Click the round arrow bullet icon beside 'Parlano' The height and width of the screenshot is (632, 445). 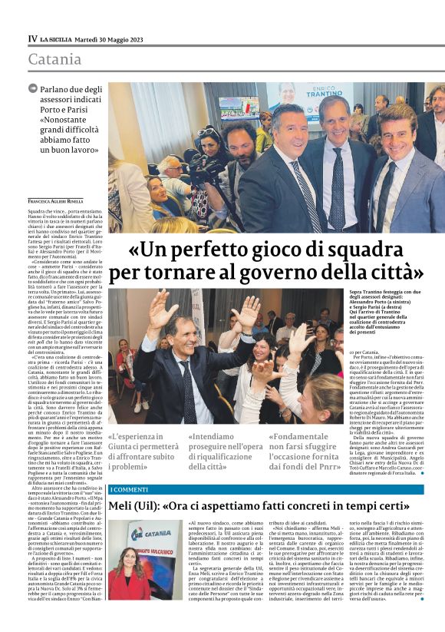click(33, 89)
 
